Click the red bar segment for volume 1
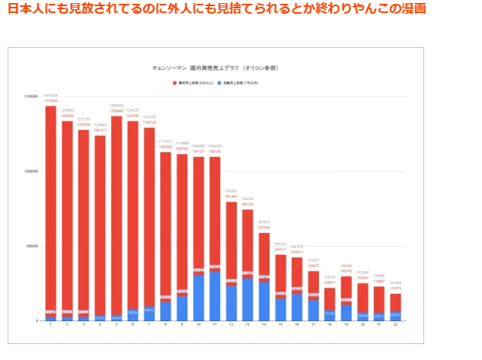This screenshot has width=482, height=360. (50, 205)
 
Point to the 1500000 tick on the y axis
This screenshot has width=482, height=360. (31, 97)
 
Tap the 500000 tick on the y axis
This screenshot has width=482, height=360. (33, 247)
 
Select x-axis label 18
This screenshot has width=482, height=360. (330, 326)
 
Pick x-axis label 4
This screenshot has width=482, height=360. (100, 326)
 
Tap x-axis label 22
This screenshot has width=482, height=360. (395, 326)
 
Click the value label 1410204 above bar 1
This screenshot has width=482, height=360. (50, 95)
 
